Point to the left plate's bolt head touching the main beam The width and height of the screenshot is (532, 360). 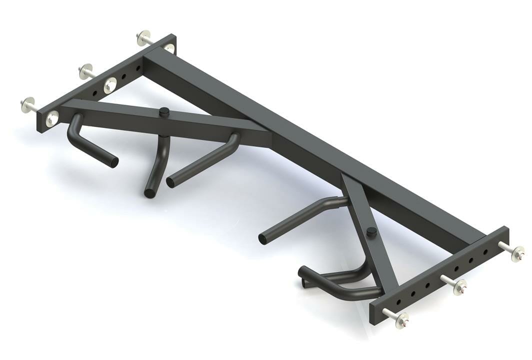pyautogui.click(x=168, y=48)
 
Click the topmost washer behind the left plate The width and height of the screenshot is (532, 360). pyautogui.click(x=143, y=38)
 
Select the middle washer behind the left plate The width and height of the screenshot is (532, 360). pyautogui.click(x=85, y=71)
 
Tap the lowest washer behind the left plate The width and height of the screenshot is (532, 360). pyautogui.click(x=27, y=104)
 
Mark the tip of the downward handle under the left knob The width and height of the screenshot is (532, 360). pyautogui.click(x=149, y=193)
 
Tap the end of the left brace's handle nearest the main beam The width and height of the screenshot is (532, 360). pyautogui.click(x=170, y=182)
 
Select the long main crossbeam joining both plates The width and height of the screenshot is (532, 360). pyautogui.click(x=310, y=145)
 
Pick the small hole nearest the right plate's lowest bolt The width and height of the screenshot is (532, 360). pyautogui.click(x=398, y=301)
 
